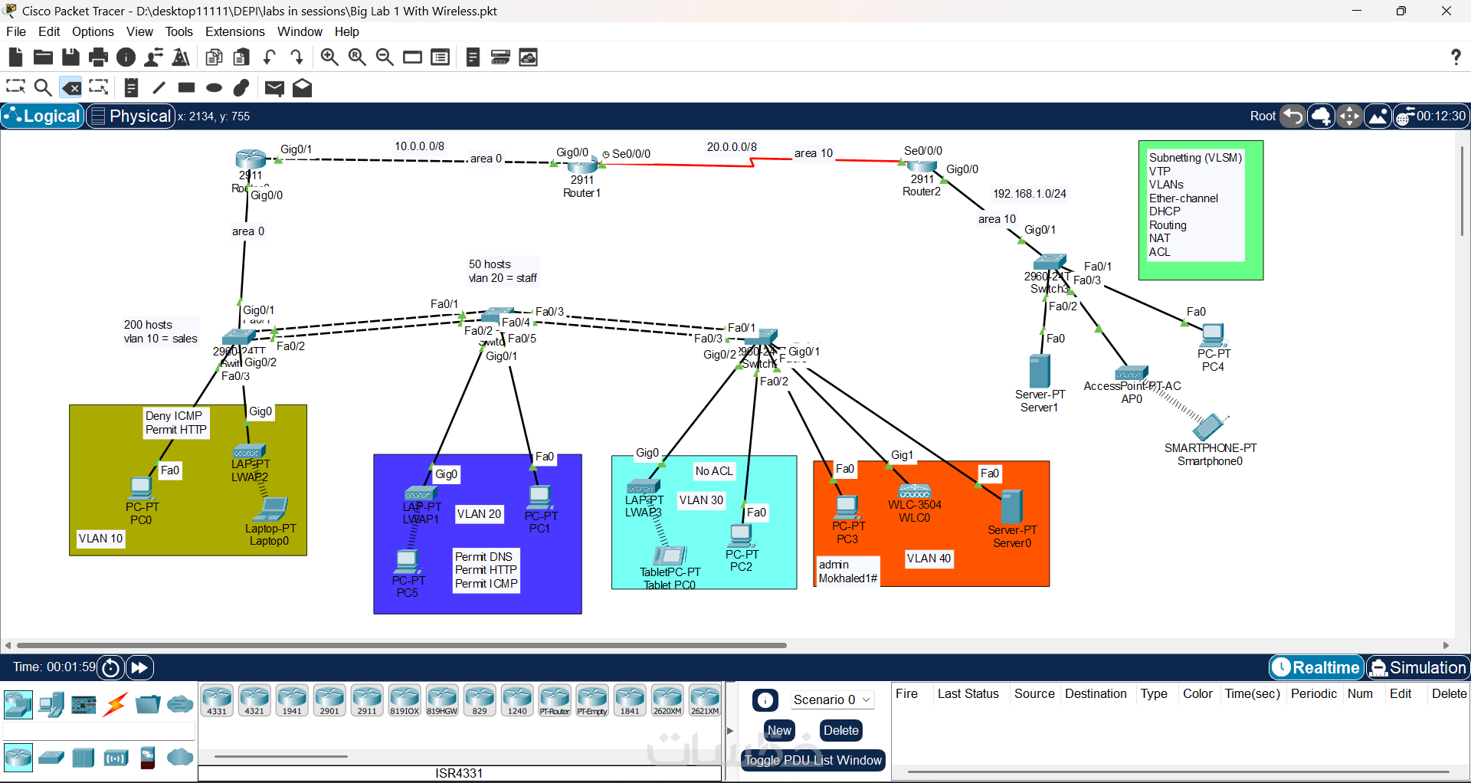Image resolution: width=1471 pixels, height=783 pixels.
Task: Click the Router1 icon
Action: [x=582, y=165]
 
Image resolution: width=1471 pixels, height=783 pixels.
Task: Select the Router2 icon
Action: [x=922, y=165]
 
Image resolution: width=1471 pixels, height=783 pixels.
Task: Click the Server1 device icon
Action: [x=1040, y=371]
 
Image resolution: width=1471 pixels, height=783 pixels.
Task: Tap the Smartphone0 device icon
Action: [x=1209, y=427]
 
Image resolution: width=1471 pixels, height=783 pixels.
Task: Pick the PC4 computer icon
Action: [x=1213, y=336]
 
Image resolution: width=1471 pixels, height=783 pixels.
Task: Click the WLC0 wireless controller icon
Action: [x=914, y=491]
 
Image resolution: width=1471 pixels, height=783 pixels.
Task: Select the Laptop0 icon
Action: [x=273, y=509]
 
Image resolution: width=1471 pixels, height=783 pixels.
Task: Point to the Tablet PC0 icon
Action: [x=670, y=555]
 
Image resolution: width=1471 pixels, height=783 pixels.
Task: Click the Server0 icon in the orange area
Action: [x=1011, y=506]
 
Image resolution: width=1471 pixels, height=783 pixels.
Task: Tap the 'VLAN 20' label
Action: [x=479, y=514]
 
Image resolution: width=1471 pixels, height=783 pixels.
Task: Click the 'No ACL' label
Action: [x=714, y=471]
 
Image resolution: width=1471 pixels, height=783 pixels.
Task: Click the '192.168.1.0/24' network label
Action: [x=1030, y=194]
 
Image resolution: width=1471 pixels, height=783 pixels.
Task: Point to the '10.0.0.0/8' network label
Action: [x=419, y=146]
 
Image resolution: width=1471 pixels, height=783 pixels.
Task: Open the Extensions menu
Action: [x=234, y=31]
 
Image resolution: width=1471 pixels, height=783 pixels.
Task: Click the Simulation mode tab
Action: [x=1418, y=667]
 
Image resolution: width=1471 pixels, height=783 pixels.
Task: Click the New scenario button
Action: [x=779, y=731]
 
